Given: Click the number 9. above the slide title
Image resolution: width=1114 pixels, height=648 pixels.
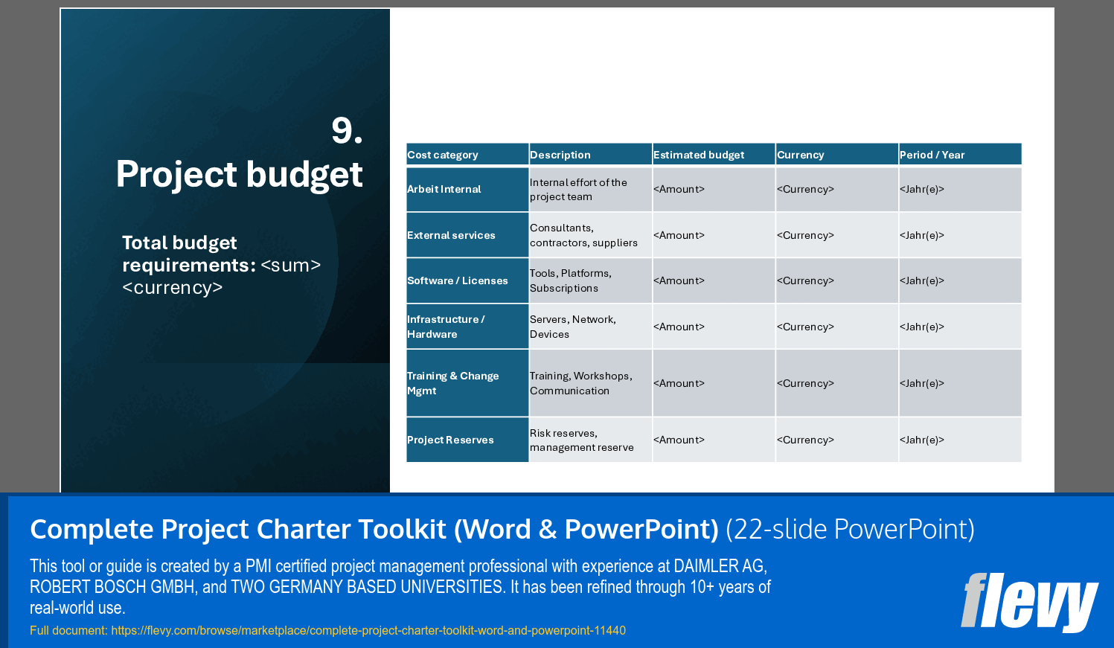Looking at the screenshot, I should click(x=347, y=131).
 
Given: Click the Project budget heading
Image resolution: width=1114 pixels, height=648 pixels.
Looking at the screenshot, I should click(x=239, y=175).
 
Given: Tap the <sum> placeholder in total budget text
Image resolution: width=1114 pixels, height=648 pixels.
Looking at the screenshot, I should click(x=291, y=266).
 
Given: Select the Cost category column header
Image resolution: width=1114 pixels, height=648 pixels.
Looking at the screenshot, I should click(x=443, y=155).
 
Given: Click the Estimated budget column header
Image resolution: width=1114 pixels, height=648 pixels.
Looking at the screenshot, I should click(x=699, y=155).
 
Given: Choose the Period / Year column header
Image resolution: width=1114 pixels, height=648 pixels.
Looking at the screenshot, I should click(x=932, y=155).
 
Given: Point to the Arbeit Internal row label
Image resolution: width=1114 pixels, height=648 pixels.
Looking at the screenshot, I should click(x=444, y=190).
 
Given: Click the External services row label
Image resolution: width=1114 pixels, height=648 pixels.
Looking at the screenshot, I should click(x=451, y=235).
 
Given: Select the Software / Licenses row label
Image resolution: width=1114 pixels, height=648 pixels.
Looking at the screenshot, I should click(x=458, y=280).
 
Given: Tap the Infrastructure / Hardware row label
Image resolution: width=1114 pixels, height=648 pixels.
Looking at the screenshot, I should click(x=446, y=327).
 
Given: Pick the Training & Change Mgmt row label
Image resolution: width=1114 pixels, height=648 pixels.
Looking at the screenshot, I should click(x=452, y=383).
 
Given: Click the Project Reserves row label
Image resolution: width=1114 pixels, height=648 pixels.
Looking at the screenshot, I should click(x=450, y=440).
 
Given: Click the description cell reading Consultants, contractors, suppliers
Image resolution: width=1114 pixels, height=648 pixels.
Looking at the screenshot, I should click(x=583, y=235).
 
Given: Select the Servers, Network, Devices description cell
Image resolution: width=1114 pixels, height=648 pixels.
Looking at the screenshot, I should click(x=573, y=327).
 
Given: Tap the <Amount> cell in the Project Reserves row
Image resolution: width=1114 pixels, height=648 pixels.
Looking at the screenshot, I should click(x=679, y=440).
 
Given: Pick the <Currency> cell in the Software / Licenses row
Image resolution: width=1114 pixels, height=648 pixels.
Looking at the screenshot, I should click(x=805, y=280).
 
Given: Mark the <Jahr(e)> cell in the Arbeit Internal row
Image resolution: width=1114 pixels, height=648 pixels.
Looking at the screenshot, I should click(x=922, y=190).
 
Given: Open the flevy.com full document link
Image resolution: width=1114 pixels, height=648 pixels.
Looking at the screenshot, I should click(x=368, y=630).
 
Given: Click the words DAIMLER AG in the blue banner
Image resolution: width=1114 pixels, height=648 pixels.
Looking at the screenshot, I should click(x=719, y=566).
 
